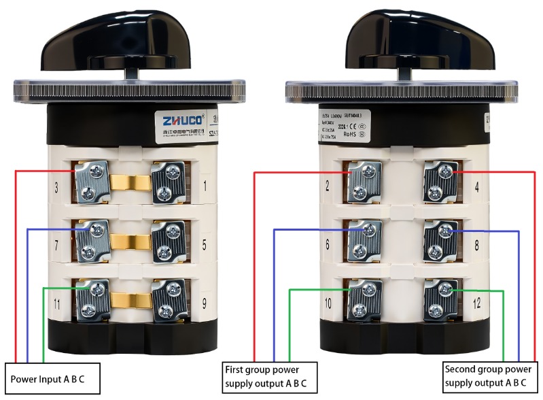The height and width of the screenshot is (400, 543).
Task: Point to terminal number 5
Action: (x=205, y=241)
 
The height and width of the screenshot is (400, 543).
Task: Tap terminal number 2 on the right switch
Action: (x=329, y=185)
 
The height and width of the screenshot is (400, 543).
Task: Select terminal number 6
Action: (x=329, y=242)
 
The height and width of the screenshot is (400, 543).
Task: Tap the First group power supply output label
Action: (x=270, y=376)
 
